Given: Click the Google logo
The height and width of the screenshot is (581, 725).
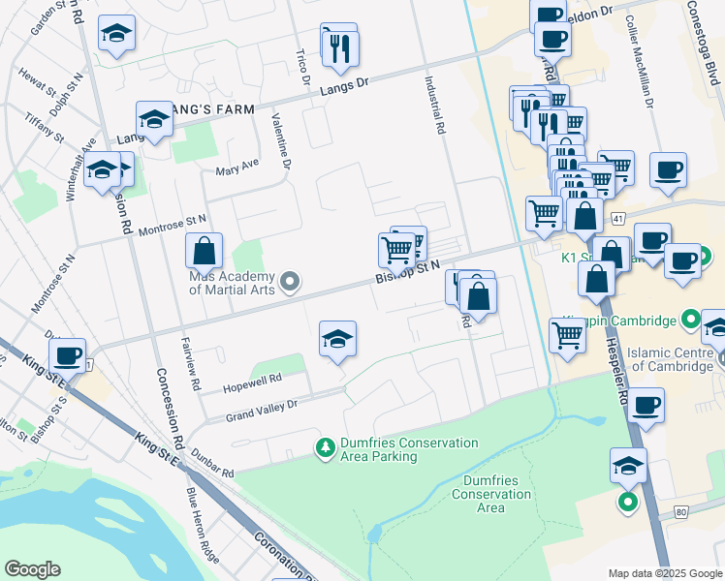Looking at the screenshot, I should click(x=32, y=569).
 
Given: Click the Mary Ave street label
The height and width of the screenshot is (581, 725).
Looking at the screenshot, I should click(x=237, y=168).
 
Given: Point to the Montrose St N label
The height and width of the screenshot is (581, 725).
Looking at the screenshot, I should click(x=173, y=227).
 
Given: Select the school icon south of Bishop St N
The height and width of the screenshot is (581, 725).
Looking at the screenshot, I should click(x=337, y=339).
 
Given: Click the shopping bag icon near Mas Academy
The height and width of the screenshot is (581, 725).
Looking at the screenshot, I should click(x=205, y=252).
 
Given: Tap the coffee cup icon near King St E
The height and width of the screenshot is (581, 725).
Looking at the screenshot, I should click(x=68, y=355).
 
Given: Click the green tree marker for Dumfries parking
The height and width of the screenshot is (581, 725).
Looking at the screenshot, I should click(x=325, y=447).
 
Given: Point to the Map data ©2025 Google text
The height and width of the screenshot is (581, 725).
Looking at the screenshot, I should click(x=664, y=573).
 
